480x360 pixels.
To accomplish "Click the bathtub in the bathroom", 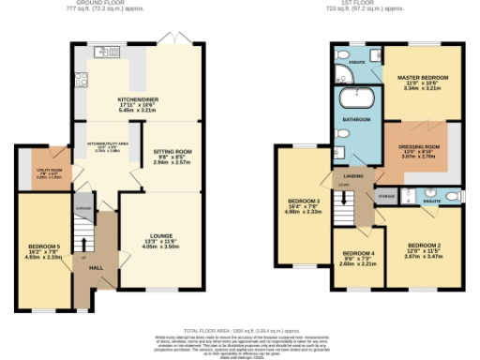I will [x=357, y=98].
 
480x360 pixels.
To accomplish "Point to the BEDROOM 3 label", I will [x=305, y=202].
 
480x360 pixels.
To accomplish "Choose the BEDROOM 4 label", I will [x=357, y=254].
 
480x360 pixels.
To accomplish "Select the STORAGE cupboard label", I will [x=386, y=196].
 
